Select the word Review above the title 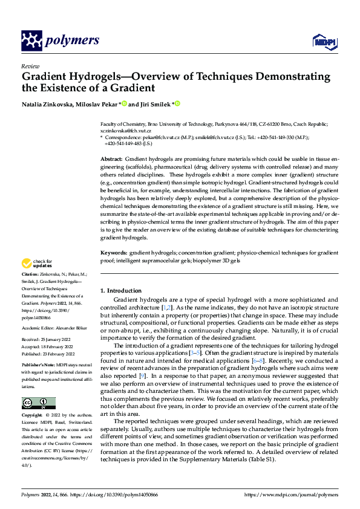[x=30, y=66]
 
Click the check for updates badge [x=36, y=264]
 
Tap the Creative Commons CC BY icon [x=38, y=386]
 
